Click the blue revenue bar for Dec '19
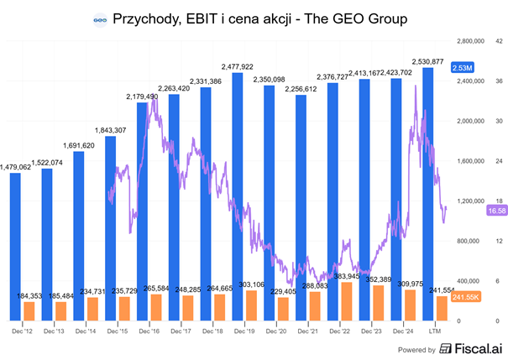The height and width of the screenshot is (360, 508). [238, 185]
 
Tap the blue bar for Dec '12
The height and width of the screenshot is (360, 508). [15, 243]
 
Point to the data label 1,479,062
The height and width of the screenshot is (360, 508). [16, 166]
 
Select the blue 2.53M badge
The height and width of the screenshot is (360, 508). [462, 67]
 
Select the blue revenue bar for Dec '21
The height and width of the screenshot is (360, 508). [301, 206]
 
